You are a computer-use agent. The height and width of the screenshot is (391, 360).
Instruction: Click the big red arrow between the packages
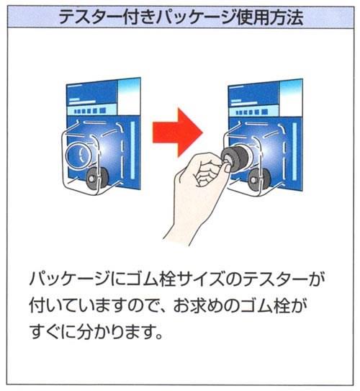tap(178, 132)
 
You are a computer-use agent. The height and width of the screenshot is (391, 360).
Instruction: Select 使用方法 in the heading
tap(270, 17)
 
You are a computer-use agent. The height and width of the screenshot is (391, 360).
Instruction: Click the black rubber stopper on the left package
tap(96, 177)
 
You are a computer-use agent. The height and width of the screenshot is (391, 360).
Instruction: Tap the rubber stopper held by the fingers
tap(233, 158)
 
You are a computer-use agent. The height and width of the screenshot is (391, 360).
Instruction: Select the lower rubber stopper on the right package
tap(259, 179)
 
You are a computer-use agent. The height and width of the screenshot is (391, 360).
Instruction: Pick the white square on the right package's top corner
tap(291, 98)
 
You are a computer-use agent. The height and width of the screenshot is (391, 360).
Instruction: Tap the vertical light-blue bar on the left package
tap(132, 150)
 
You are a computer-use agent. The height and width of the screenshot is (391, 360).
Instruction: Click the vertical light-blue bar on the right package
tap(294, 151)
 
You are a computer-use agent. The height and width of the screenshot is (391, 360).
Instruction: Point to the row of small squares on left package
tap(91, 111)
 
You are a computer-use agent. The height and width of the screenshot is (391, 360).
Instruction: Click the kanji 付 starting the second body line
tap(38, 305)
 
